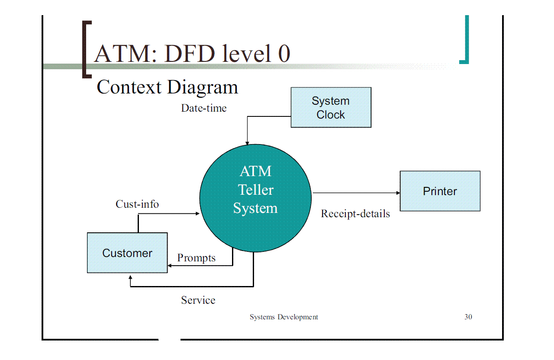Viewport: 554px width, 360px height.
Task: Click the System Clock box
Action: pos(331,107)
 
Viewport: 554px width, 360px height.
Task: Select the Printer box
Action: pos(440,191)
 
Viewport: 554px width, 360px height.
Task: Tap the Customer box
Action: pos(127,253)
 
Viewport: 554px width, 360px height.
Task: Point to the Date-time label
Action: pos(203,108)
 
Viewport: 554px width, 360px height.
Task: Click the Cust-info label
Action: pos(137,204)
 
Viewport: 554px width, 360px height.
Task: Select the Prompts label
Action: pos(196,258)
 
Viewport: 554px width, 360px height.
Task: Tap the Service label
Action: pos(198,300)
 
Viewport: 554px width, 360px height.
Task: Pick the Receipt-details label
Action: pos(355,213)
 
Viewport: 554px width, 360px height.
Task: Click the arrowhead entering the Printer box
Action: pos(398,193)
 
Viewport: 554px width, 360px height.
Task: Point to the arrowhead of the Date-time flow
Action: pos(247,143)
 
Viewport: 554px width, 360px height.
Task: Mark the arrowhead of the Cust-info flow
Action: pos(197,213)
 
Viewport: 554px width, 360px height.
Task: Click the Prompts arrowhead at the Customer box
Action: pos(170,265)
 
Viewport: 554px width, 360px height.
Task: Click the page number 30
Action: pos(468,317)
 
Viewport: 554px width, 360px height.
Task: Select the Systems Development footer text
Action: pos(283,317)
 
